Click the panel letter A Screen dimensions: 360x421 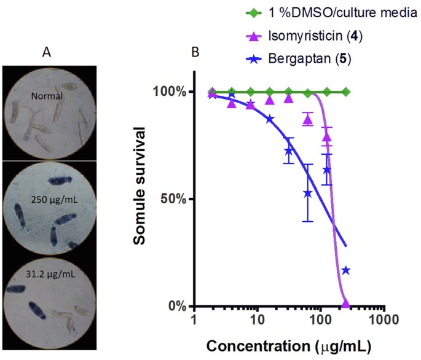(46, 52)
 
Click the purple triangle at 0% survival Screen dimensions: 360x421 (345, 303)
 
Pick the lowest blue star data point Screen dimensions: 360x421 (346, 270)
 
